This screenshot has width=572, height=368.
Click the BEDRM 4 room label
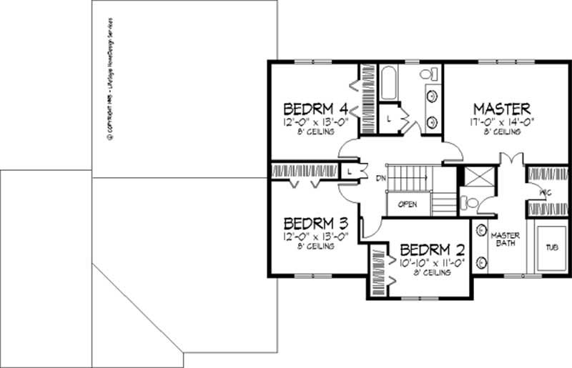point(315,109)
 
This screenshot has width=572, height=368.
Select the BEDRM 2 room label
point(433,250)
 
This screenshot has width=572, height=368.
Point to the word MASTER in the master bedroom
point(501,109)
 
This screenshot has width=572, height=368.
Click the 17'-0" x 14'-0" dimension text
point(501,122)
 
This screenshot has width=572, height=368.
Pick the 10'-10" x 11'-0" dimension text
point(433,262)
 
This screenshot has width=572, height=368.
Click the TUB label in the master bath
point(551,247)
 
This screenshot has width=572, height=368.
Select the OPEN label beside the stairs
point(408,205)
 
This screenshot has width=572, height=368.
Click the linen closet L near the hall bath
point(389,119)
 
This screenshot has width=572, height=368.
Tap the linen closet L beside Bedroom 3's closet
point(348,172)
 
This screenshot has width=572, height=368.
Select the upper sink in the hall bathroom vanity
point(432,96)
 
